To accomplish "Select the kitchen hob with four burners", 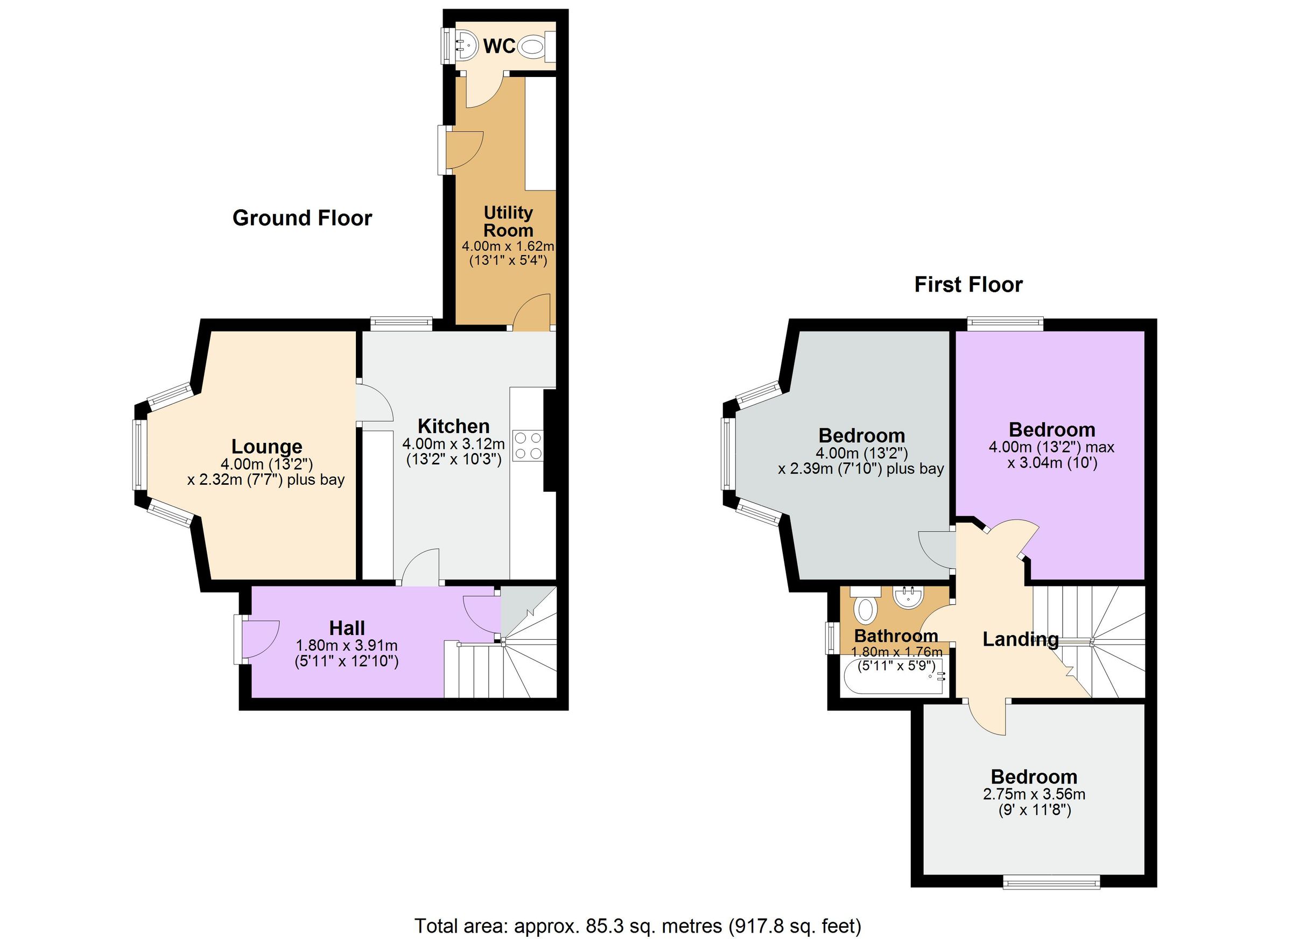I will [x=528, y=446].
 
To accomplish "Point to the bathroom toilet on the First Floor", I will [x=865, y=608].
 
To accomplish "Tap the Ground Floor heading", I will [x=302, y=218].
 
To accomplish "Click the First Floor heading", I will [x=968, y=285].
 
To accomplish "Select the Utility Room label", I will [x=508, y=222].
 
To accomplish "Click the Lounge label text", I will [x=266, y=447].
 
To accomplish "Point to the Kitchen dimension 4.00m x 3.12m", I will [x=453, y=443].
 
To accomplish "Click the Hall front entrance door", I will [x=257, y=639].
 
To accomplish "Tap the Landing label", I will [x=1020, y=639].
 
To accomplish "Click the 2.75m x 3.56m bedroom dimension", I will [x=1034, y=794].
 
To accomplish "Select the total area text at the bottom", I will [x=637, y=926].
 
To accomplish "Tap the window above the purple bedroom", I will [x=1006, y=324].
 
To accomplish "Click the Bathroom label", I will [x=896, y=636].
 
